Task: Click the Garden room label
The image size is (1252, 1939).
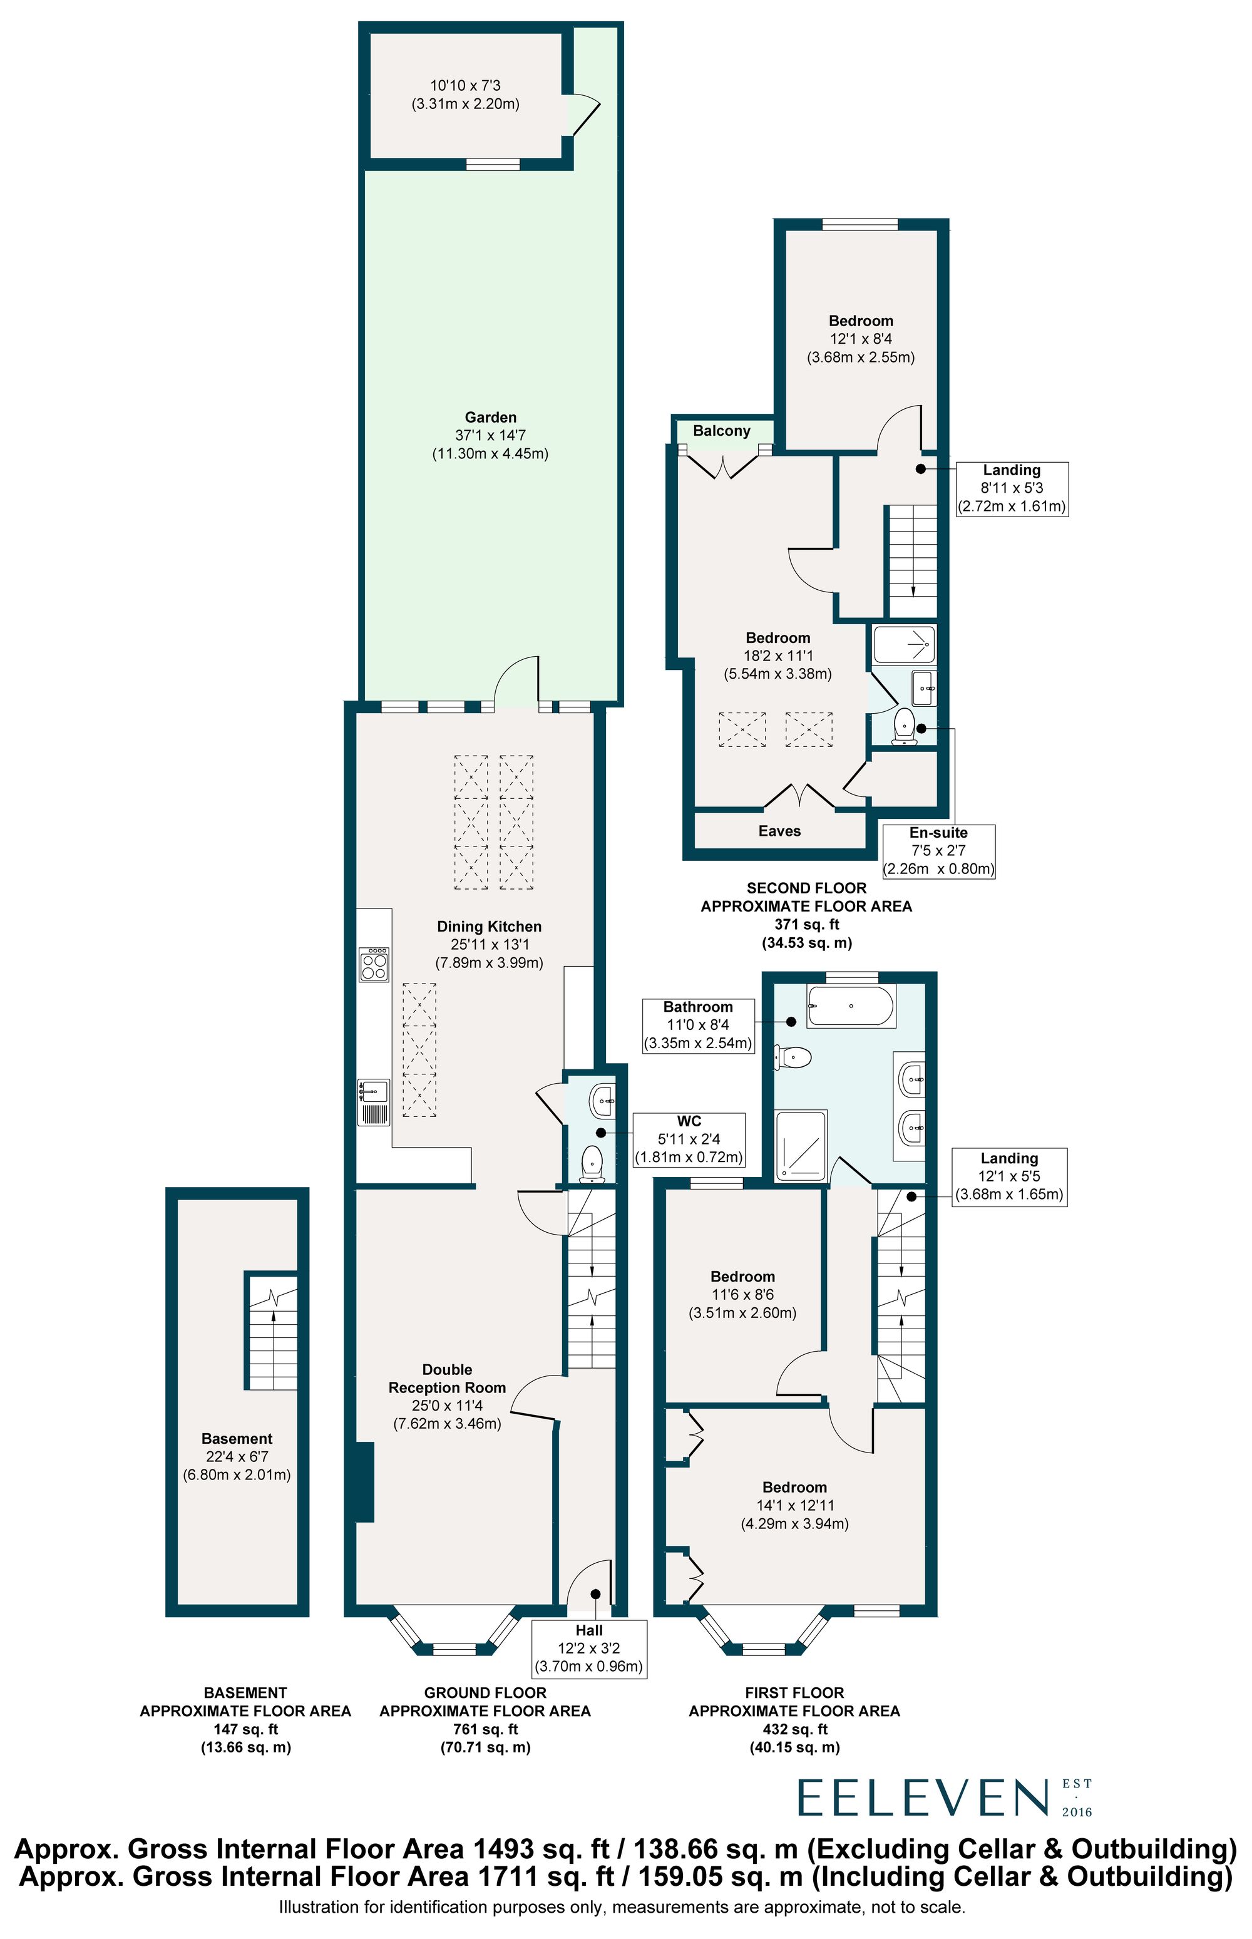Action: (x=490, y=417)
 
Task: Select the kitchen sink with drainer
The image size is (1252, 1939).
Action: (x=374, y=1103)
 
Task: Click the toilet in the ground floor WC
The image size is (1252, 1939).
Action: (x=592, y=1162)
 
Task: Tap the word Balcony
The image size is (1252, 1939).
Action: (x=722, y=431)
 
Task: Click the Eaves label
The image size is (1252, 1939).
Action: (x=779, y=831)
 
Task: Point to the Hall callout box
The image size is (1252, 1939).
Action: (x=588, y=1648)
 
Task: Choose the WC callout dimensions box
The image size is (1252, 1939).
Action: (x=689, y=1139)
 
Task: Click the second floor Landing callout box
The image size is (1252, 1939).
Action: (x=1012, y=488)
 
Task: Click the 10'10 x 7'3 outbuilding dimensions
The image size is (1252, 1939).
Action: (x=466, y=85)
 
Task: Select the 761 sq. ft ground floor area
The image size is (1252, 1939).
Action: (x=485, y=1729)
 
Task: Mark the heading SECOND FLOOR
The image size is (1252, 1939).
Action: (x=806, y=888)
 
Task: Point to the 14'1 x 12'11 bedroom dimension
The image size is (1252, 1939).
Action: (x=795, y=1505)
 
